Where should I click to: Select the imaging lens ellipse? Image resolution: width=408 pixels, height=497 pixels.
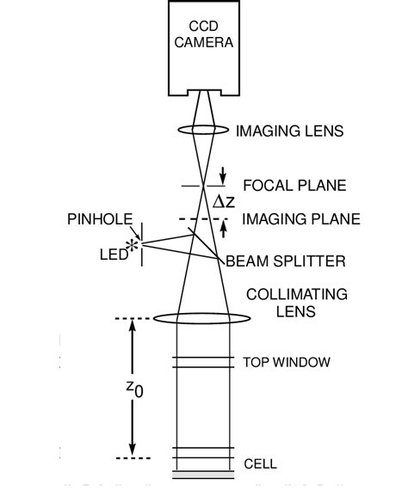point(201,132)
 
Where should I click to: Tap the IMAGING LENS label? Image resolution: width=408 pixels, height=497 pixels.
point(289,132)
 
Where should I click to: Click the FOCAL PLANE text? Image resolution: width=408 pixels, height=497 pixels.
point(294,186)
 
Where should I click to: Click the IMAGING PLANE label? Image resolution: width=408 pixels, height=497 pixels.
point(300,219)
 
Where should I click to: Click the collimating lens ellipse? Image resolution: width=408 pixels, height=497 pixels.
point(201,319)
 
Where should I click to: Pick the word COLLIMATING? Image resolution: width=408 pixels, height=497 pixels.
point(297,294)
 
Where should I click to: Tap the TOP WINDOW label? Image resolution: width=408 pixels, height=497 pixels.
point(287,362)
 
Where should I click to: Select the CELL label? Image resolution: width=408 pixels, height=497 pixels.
point(261,463)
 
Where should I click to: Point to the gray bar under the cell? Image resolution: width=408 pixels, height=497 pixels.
point(202,474)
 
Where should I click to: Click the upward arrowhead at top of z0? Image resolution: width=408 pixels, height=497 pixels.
point(132,328)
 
